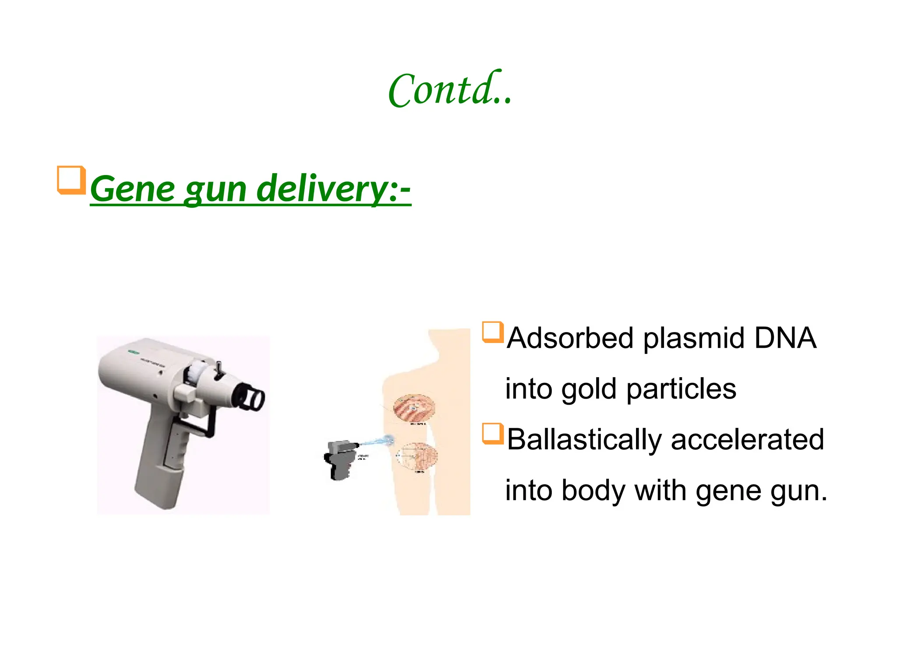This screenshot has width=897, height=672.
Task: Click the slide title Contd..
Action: (x=450, y=90)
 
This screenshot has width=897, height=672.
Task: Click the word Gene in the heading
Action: (x=133, y=189)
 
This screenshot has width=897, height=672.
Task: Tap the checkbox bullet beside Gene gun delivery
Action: (x=71, y=180)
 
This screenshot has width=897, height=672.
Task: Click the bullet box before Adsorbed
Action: (x=492, y=332)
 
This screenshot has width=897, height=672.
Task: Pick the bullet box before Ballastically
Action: (x=492, y=434)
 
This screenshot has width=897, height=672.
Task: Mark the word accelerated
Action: (x=747, y=440)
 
